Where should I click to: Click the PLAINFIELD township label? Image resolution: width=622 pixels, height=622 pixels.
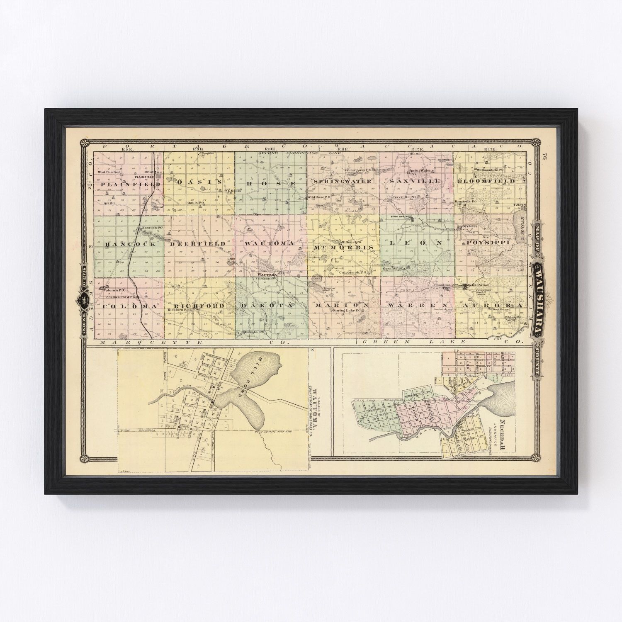click(x=128, y=184)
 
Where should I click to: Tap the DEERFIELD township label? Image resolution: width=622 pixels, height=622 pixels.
click(x=198, y=243)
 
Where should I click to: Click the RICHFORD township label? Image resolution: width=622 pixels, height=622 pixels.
click(x=197, y=306)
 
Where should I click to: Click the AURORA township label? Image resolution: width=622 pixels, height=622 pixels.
click(x=488, y=305)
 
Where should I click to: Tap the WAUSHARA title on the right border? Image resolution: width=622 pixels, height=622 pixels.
click(x=538, y=298)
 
